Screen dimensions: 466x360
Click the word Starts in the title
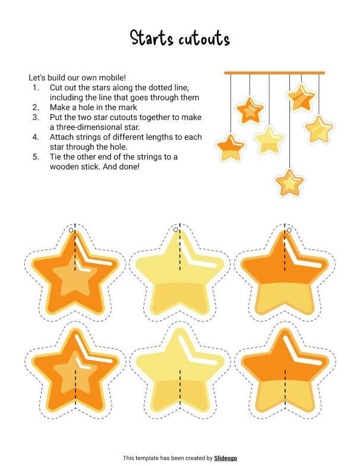pyautogui.click(x=152, y=39)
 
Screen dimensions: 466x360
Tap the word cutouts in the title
pyautogui.click(x=203, y=39)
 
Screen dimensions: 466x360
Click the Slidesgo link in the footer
pyautogui.click(x=226, y=458)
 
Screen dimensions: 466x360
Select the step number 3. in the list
pyautogui.click(x=36, y=117)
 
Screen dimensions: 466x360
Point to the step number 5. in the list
pyautogui.click(x=36, y=157)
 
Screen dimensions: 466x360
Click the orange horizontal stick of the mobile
pyautogui.click(x=274, y=73)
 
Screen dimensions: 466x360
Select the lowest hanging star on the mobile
pyautogui.click(x=290, y=182)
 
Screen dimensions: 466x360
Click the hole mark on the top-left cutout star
pyautogui.click(x=71, y=230)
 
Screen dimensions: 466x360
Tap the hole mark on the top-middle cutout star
pyautogui.click(x=176, y=229)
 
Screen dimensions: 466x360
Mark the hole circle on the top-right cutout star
pyautogui.click(x=289, y=229)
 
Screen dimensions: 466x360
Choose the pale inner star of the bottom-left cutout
pyautogui.click(x=71, y=373)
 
